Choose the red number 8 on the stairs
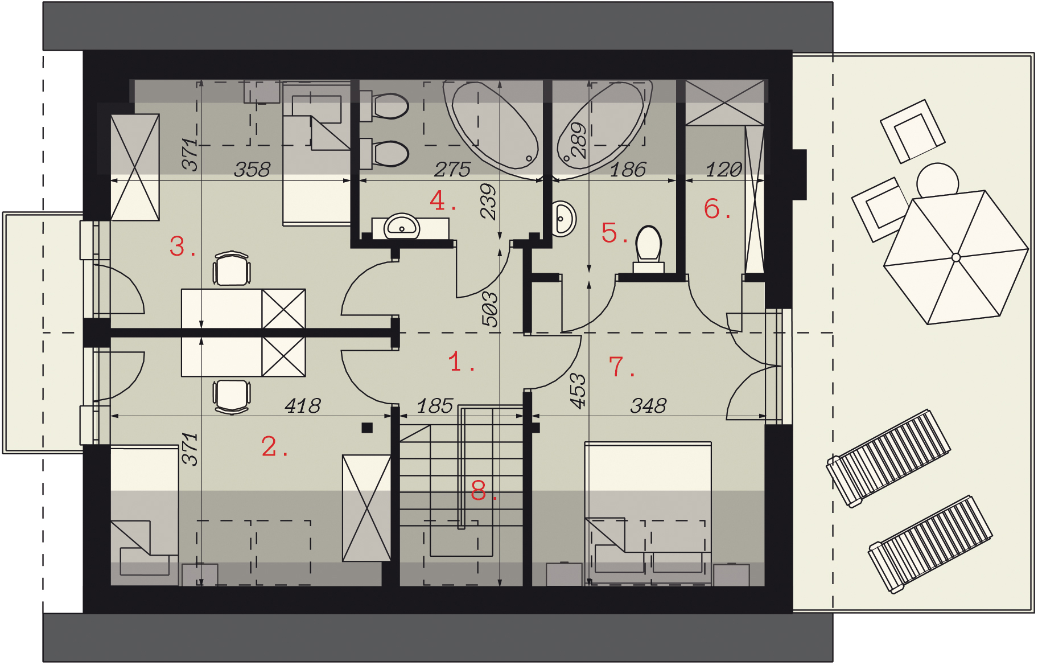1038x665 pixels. coord(479,490)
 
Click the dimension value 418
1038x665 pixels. coord(303,406)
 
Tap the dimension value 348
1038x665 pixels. coord(648,406)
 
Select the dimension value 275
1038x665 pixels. coord(452,169)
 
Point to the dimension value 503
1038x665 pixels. coord(490,309)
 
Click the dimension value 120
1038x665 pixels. coord(723,169)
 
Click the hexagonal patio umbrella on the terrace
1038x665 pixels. coord(956,257)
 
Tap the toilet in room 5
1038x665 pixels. coord(649,248)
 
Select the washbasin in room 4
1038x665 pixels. coord(402,227)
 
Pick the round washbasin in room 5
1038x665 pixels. coord(563,218)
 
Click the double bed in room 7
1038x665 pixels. coord(648,501)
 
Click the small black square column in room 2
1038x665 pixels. coord(367,428)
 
